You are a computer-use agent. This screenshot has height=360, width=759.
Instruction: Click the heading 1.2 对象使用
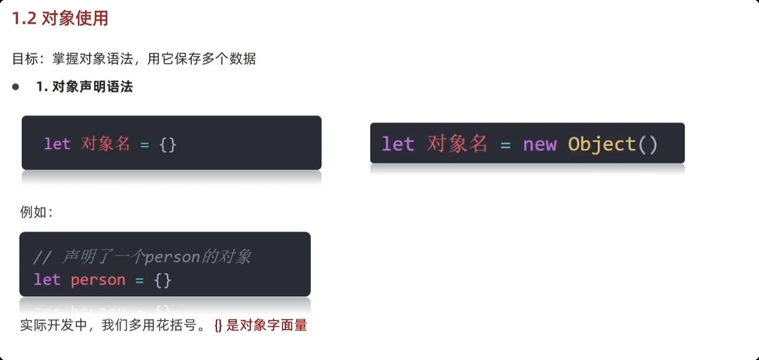[60, 19]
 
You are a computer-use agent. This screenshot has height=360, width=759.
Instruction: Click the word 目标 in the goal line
[27, 59]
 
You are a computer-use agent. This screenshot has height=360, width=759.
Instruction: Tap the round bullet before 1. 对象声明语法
[16, 87]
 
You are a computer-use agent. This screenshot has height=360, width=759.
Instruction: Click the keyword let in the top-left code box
[57, 144]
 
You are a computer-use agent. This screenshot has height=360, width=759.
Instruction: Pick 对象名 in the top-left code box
[105, 144]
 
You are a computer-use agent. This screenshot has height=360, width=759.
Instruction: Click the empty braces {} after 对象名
[167, 144]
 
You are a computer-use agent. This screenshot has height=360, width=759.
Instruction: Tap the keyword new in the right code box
[539, 144]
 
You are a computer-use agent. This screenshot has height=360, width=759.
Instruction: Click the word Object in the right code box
[602, 144]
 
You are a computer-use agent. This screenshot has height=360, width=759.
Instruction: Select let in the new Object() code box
[397, 144]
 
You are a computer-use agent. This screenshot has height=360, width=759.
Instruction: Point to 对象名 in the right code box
[457, 144]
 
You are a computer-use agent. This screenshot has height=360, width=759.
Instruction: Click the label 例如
[36, 212]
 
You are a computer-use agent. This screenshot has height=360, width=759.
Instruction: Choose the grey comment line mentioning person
[142, 257]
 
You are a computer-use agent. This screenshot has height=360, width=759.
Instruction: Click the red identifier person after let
[98, 280]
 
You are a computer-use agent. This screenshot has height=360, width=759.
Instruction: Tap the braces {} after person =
[163, 280]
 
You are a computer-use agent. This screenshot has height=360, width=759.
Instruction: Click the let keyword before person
[47, 280]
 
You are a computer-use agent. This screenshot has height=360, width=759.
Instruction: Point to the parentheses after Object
[648, 144]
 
